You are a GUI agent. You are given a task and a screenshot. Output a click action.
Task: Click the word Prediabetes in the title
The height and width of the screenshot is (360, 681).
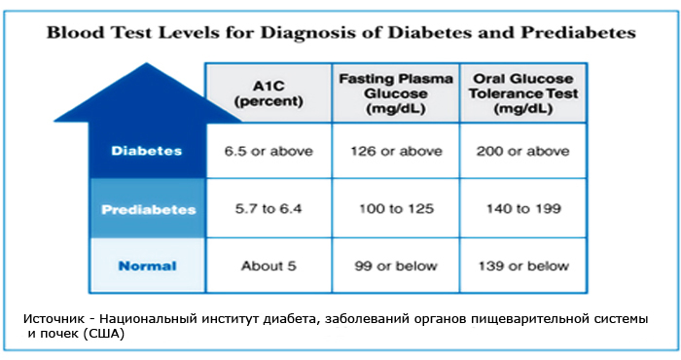click(x=579, y=32)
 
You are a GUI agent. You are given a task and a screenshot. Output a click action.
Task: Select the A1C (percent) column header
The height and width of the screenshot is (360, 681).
click(x=269, y=93)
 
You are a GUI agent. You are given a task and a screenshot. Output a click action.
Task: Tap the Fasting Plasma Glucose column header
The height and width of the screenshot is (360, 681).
click(x=396, y=93)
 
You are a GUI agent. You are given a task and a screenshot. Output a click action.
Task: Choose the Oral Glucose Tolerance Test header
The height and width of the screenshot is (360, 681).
click(x=523, y=93)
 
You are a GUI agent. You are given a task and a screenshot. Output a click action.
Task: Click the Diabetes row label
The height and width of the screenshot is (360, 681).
click(x=147, y=151)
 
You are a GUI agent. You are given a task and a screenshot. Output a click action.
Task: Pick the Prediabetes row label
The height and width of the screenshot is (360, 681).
click(x=149, y=210)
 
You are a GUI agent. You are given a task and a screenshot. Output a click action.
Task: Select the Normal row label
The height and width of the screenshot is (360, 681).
click(x=148, y=266)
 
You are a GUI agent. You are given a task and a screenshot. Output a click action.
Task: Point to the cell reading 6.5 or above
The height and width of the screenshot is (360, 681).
click(x=269, y=151)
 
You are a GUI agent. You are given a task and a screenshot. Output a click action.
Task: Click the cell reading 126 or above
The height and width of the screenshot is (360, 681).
click(x=396, y=151)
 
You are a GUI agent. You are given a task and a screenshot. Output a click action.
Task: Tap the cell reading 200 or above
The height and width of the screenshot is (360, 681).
click(x=523, y=151)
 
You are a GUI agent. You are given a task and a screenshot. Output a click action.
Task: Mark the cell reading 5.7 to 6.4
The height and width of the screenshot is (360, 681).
click(x=269, y=209)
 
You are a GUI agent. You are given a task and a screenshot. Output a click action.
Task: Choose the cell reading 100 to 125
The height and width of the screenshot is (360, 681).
click(x=396, y=209)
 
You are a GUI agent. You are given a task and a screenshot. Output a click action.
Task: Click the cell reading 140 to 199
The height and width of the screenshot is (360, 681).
click(x=523, y=209)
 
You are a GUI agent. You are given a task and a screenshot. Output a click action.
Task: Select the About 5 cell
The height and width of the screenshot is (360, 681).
click(x=269, y=266)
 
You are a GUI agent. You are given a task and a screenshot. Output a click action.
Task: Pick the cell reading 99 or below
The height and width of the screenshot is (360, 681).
click(x=396, y=266)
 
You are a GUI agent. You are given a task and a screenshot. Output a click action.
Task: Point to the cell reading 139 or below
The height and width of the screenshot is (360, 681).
click(x=523, y=266)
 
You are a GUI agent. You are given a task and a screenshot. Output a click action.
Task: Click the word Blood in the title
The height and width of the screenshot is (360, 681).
click(x=76, y=32)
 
